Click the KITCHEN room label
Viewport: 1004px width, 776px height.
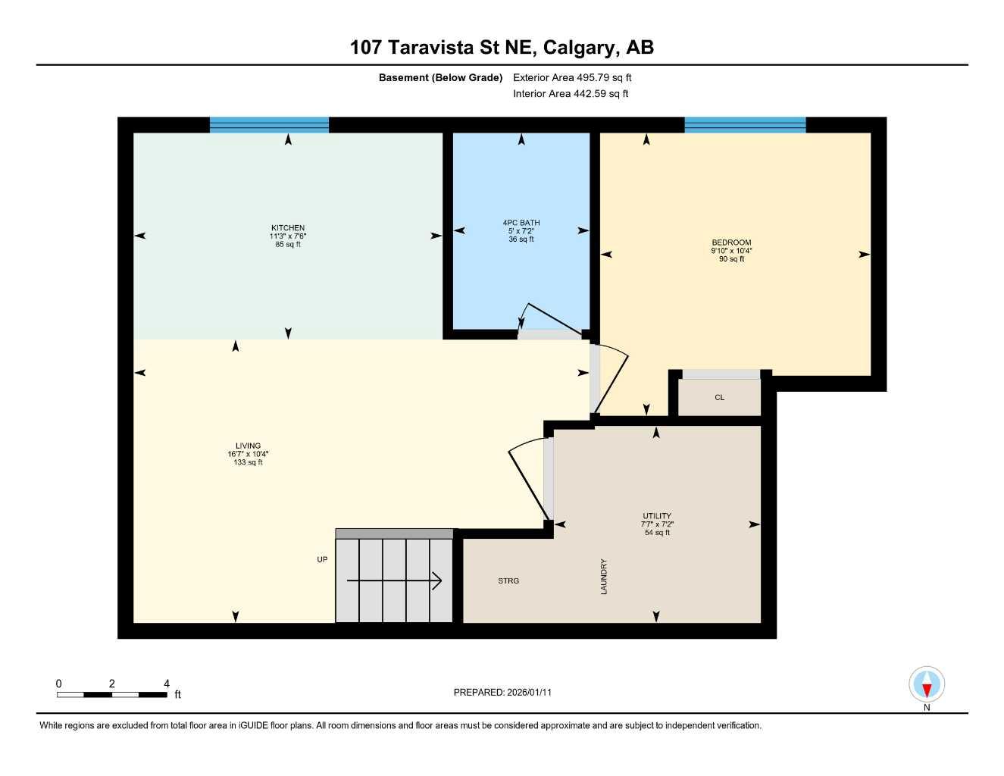[288, 228]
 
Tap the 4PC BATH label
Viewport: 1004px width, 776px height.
[521, 223]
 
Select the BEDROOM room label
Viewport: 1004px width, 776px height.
[731, 242]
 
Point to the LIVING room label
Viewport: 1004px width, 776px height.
[248, 446]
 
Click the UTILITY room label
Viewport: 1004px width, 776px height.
[657, 516]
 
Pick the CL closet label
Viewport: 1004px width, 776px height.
[719, 397]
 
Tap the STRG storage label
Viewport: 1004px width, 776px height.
[508, 580]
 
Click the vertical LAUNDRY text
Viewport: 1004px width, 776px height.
[604, 577]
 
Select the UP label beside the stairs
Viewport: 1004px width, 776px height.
[322, 559]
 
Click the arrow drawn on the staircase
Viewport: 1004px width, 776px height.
[394, 581]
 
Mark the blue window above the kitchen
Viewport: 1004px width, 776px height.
[269, 125]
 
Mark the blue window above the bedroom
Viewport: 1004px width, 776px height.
[745, 125]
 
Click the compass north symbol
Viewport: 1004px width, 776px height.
[926, 686]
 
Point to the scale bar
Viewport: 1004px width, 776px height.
[111, 694]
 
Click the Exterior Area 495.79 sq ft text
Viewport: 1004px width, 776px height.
[572, 77]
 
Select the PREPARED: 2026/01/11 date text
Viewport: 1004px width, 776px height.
[508, 692]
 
